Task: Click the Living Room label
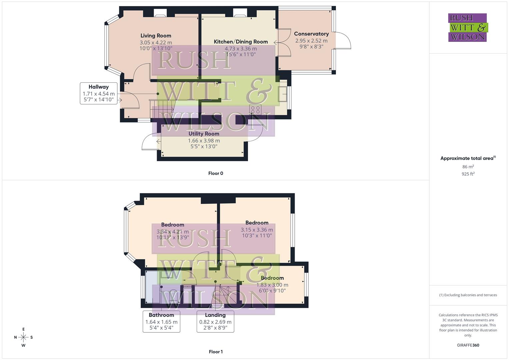tap(156, 36)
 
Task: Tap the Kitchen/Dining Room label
tap(241, 42)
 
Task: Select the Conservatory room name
tap(311, 34)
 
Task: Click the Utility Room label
tap(204, 134)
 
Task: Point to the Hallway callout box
tap(99, 93)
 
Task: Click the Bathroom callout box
tap(161, 321)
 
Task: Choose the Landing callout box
tap(215, 321)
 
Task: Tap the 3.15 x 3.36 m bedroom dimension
tap(257, 230)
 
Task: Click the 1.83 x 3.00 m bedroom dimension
tap(272, 285)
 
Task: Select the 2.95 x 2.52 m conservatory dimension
tap(311, 41)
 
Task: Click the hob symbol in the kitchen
tap(255, 110)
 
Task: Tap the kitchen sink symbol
tap(282, 94)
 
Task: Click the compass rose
tap(23, 337)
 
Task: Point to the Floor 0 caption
tap(216, 173)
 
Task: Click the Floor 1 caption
tap(216, 352)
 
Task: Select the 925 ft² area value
tap(468, 174)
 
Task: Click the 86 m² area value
tap(468, 167)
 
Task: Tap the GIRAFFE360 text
tap(468, 345)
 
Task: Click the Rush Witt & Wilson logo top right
tap(468, 27)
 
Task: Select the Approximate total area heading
tap(468, 158)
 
